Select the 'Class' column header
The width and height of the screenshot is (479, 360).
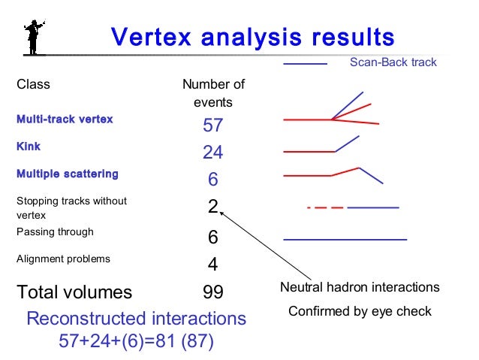(x=33, y=84)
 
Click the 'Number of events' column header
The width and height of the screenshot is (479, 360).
(x=213, y=93)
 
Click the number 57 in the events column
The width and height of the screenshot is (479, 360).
(x=213, y=126)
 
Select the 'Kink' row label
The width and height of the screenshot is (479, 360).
(x=29, y=147)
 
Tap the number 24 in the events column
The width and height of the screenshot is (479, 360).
(x=213, y=153)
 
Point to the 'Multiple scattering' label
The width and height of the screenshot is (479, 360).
(x=67, y=174)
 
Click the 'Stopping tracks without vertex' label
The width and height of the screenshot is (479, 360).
(x=71, y=207)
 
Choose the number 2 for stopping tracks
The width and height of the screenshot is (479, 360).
(x=212, y=207)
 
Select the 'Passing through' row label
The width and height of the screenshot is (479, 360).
(x=55, y=232)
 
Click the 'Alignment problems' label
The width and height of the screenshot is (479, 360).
(x=63, y=259)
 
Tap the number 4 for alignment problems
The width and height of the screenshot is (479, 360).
(x=212, y=265)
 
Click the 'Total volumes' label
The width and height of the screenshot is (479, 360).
(x=74, y=292)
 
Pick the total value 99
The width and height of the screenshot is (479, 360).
(x=213, y=292)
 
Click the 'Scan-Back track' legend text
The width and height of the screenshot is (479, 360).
(x=393, y=62)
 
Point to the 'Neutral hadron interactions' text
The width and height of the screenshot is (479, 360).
(x=360, y=288)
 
